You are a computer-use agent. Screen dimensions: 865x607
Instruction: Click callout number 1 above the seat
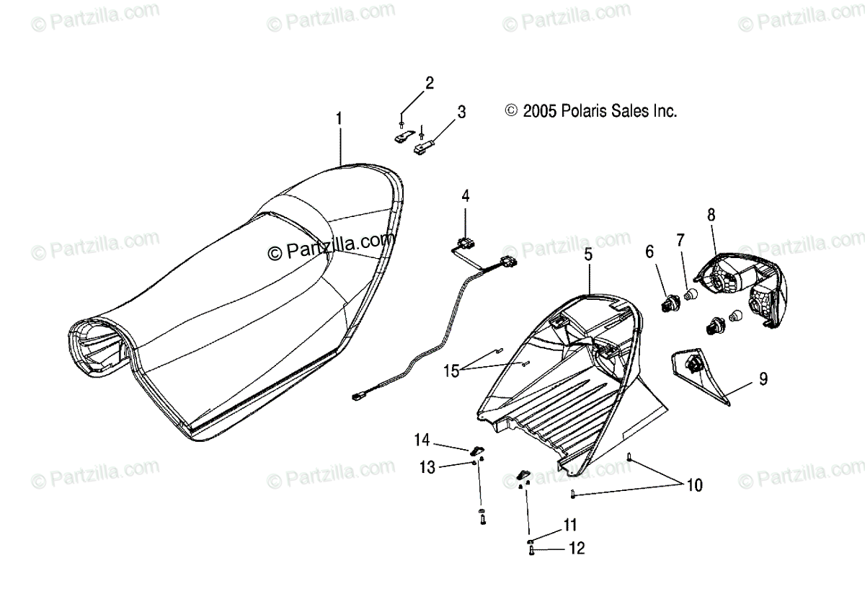339,117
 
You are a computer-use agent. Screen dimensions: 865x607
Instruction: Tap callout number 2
430,83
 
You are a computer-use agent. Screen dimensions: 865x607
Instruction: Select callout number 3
461,112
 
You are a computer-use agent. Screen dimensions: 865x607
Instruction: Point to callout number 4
466,195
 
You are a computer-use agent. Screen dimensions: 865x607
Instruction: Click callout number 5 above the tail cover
588,254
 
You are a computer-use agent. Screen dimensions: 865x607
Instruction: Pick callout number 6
649,252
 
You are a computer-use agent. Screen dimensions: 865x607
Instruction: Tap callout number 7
680,239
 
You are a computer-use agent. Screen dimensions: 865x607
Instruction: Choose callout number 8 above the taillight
711,214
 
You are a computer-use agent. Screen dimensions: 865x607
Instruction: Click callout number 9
763,378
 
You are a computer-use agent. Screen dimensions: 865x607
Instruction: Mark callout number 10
693,485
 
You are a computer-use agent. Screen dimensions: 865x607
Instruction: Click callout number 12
577,549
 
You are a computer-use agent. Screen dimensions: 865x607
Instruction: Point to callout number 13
427,468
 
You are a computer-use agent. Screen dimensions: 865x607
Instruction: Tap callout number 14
422,439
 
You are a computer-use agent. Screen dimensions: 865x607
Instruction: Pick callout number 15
451,371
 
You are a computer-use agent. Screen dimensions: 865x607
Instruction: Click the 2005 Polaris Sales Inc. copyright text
591,111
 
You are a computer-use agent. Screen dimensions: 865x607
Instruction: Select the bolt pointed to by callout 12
531,551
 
